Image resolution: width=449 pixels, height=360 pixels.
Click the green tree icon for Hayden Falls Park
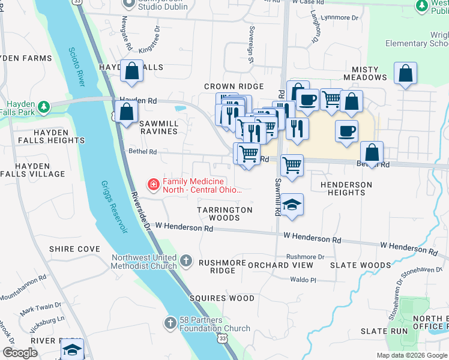point(43,107)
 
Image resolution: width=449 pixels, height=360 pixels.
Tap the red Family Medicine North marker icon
point(154,184)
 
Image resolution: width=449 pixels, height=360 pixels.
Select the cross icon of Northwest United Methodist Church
point(186,260)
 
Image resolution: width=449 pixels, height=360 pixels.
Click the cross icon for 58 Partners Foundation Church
point(170,323)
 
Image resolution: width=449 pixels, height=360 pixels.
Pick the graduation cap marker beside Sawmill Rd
point(292,205)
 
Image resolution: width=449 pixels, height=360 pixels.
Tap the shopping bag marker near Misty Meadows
point(406,74)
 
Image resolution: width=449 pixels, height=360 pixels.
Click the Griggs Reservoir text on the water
point(114,207)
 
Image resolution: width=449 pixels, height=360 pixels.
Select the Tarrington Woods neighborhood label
point(225,214)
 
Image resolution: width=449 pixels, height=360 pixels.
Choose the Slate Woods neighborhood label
point(368,265)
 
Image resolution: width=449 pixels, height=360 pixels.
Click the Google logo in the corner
point(20,353)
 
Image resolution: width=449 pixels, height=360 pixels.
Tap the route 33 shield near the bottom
point(223,339)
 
